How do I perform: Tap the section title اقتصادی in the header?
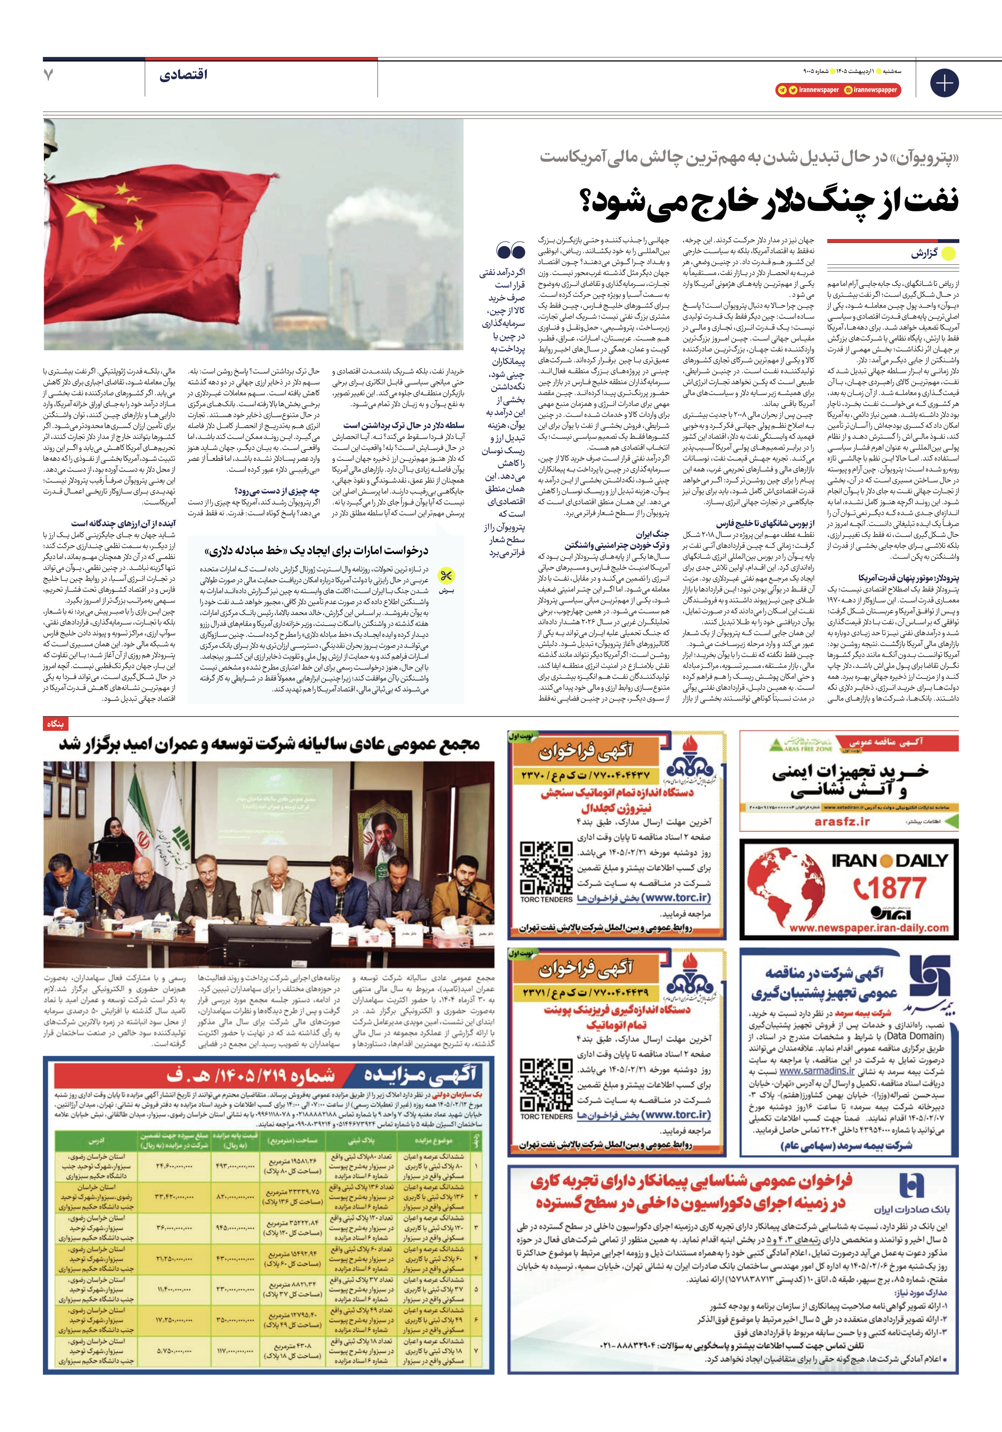click(183, 75)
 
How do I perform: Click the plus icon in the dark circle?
click(943, 82)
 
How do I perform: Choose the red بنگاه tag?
click(55, 723)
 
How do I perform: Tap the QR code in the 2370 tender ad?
click(546, 867)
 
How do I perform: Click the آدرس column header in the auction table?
click(97, 1141)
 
